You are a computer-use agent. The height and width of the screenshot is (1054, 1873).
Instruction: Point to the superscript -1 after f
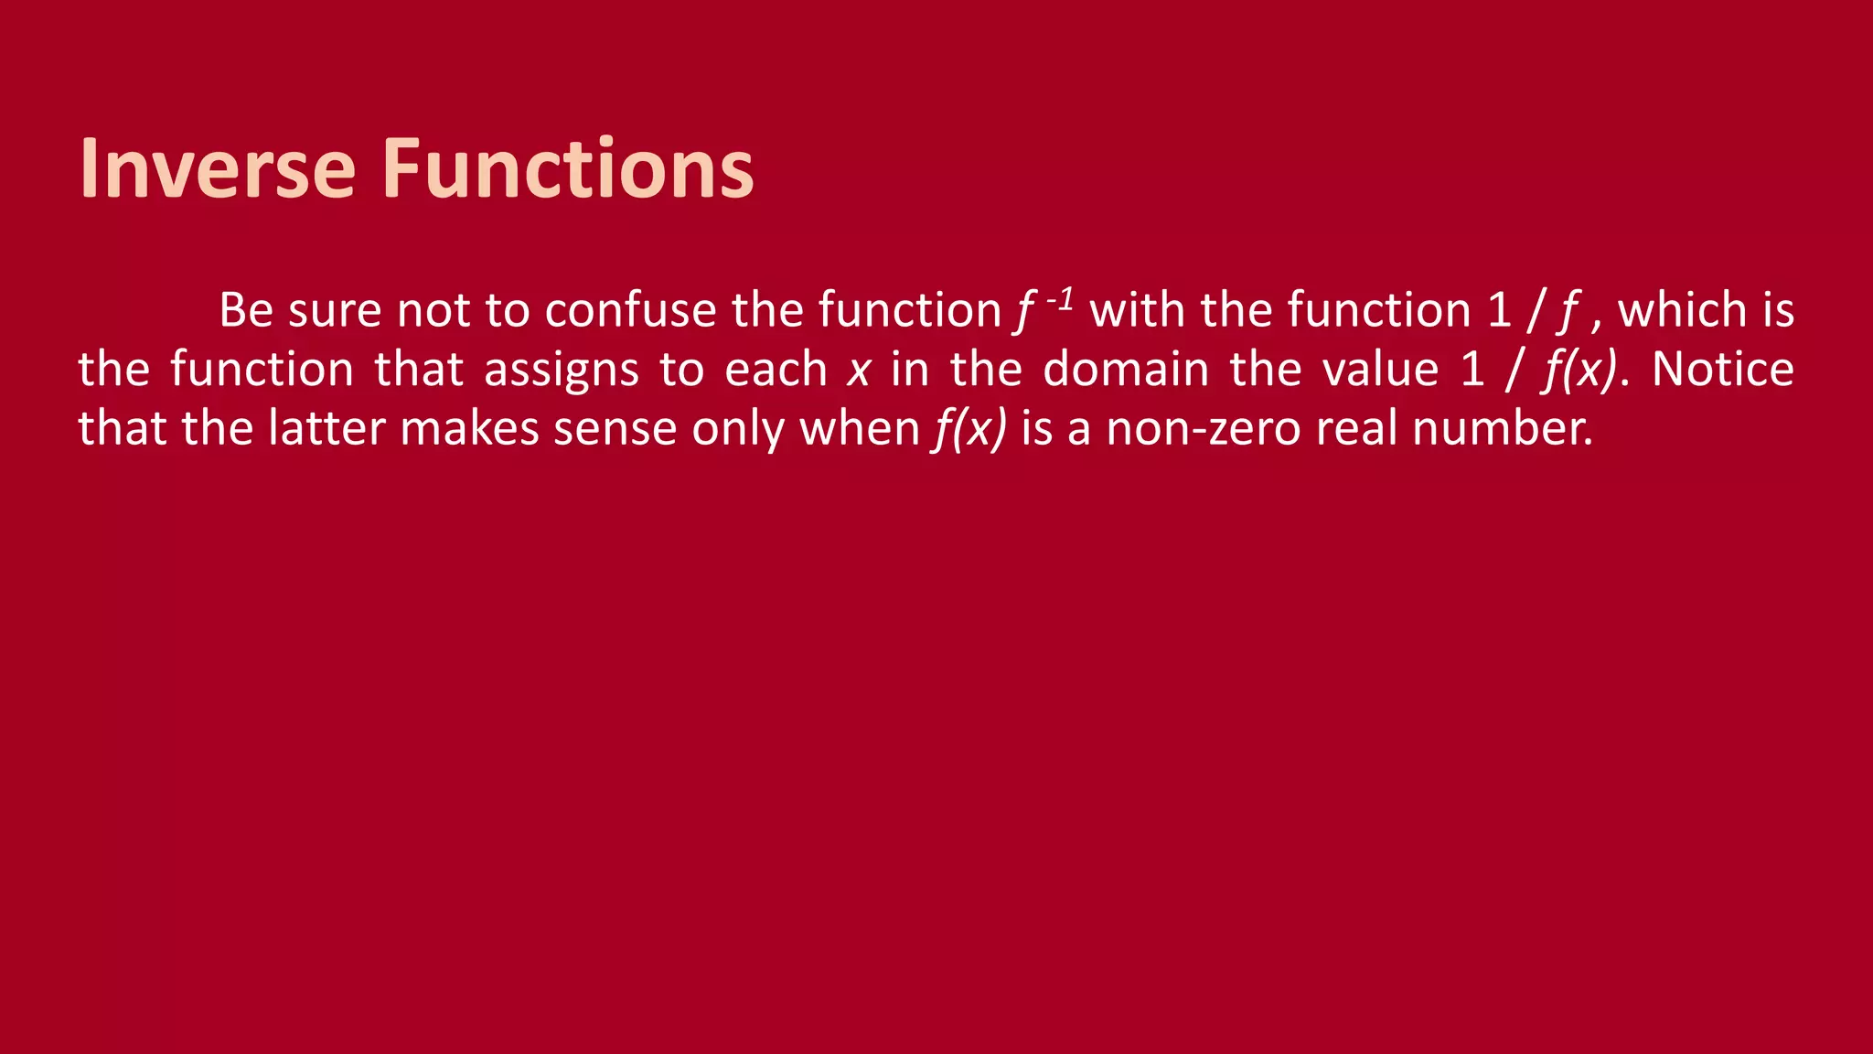click(1060, 299)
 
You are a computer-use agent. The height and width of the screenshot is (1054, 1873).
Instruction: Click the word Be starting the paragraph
click(246, 310)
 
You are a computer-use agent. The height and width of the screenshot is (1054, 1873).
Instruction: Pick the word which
click(1682, 310)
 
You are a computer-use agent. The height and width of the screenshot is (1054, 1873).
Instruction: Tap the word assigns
click(561, 370)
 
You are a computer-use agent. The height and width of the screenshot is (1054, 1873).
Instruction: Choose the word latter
click(326, 428)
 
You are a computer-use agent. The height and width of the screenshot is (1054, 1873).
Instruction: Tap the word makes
click(469, 428)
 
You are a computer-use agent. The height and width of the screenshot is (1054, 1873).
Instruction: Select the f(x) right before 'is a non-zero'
click(969, 429)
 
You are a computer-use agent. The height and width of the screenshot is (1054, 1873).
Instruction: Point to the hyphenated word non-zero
click(1204, 429)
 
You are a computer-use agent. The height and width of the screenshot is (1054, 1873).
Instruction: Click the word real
click(1356, 428)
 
